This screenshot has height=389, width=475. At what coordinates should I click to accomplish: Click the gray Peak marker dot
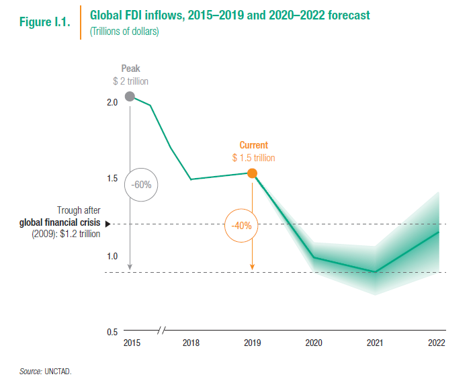pos(130,96)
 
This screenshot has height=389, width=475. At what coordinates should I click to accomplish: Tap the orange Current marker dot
pos(252,173)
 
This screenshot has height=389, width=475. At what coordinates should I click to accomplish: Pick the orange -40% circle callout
pos(241,226)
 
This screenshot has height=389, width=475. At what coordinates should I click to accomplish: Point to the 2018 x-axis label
pos(191,343)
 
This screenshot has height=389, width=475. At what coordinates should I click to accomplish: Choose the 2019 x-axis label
pos(252,343)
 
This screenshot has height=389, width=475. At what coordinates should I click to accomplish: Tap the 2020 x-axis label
pos(313,343)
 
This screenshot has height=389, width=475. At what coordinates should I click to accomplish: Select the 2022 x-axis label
pos(436,343)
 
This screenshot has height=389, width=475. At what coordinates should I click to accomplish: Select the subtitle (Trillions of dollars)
pos(124,32)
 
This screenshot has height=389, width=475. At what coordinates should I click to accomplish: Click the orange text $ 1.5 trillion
pos(253,158)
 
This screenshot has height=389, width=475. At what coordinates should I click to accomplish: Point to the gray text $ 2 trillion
pos(130,81)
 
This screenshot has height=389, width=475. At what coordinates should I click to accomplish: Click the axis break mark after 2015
pos(161,331)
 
